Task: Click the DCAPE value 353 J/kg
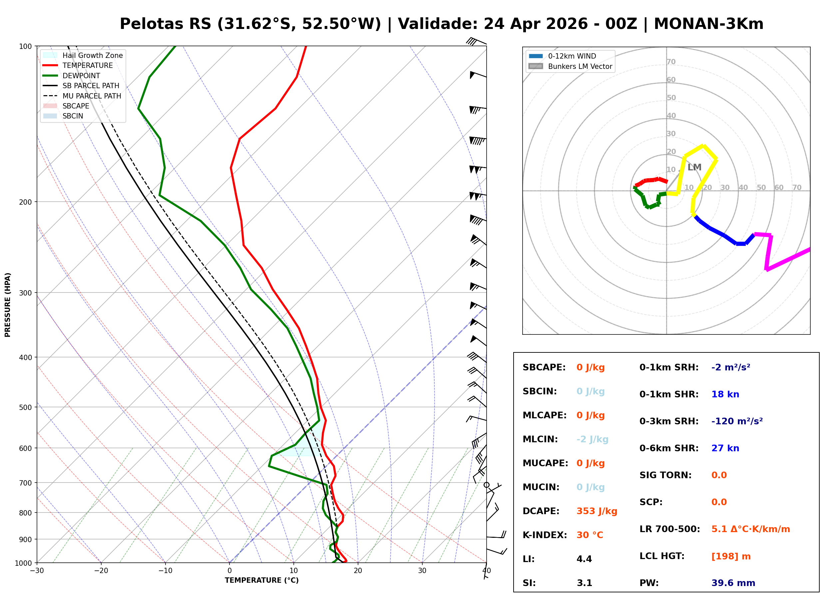597,511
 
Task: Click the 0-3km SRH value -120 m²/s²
737,421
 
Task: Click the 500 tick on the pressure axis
25,407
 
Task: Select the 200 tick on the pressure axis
25,202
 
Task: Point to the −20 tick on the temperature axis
101,571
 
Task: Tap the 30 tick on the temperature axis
422,571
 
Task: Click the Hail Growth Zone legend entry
92,55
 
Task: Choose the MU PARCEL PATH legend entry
92,96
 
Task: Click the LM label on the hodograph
694,167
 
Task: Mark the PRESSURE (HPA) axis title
8,304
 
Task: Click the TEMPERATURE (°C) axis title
261,580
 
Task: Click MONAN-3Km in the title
708,24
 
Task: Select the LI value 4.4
584,559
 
